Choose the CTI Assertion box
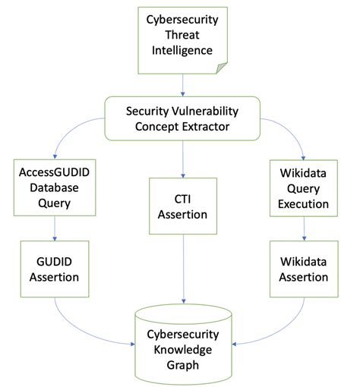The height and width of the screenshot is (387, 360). (x=183, y=206)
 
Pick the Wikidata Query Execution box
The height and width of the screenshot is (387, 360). (x=304, y=189)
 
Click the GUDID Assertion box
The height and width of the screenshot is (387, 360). (x=55, y=269)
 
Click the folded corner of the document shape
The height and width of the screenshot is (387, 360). (x=220, y=69)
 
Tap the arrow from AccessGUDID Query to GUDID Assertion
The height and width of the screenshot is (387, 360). (x=55, y=228)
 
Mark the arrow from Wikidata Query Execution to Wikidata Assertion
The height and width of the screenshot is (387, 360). (x=304, y=228)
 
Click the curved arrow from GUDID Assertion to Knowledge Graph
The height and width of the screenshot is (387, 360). (x=84, y=326)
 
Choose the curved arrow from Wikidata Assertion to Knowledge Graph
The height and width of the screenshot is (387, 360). (x=281, y=326)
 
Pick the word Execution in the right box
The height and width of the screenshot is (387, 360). (x=304, y=204)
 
